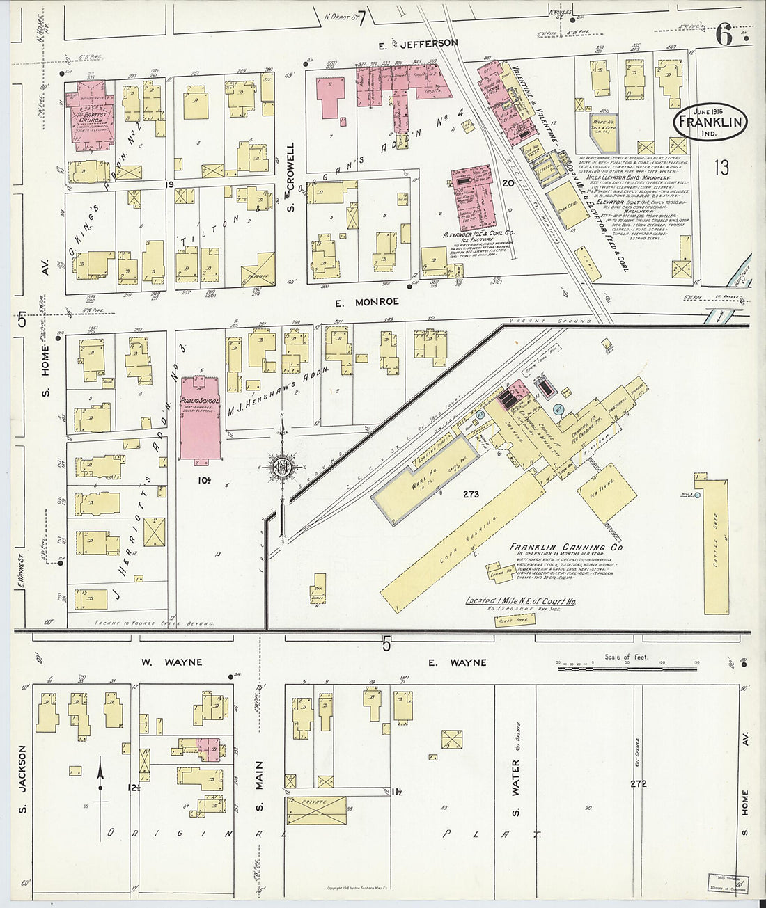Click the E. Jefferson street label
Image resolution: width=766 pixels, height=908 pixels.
point(418,43)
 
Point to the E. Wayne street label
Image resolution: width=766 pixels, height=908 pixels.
point(448,662)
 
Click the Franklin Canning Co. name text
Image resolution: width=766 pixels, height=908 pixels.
point(566,548)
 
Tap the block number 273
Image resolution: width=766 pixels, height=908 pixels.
point(471,495)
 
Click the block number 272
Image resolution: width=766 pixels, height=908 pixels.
point(638,783)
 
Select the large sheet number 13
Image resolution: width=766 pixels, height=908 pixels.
point(721,167)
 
